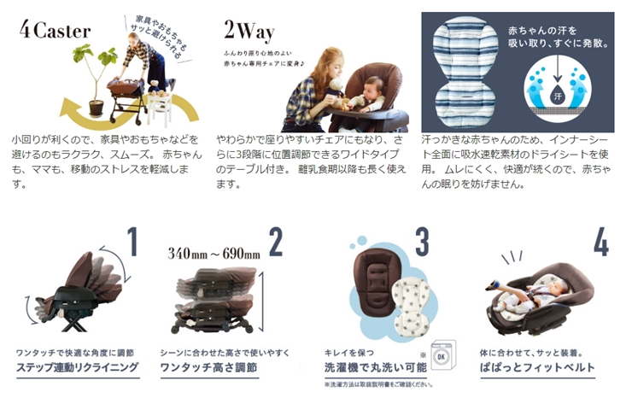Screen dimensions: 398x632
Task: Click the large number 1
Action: pyautogui.click(x=132, y=243)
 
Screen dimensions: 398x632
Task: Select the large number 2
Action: pyautogui.click(x=276, y=243)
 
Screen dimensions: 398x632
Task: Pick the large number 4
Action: pyautogui.click(x=601, y=243)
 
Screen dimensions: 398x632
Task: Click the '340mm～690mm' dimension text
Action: pyautogui.click(x=214, y=254)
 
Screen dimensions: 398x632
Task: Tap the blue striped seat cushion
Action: pyautogui.click(x=465, y=73)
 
